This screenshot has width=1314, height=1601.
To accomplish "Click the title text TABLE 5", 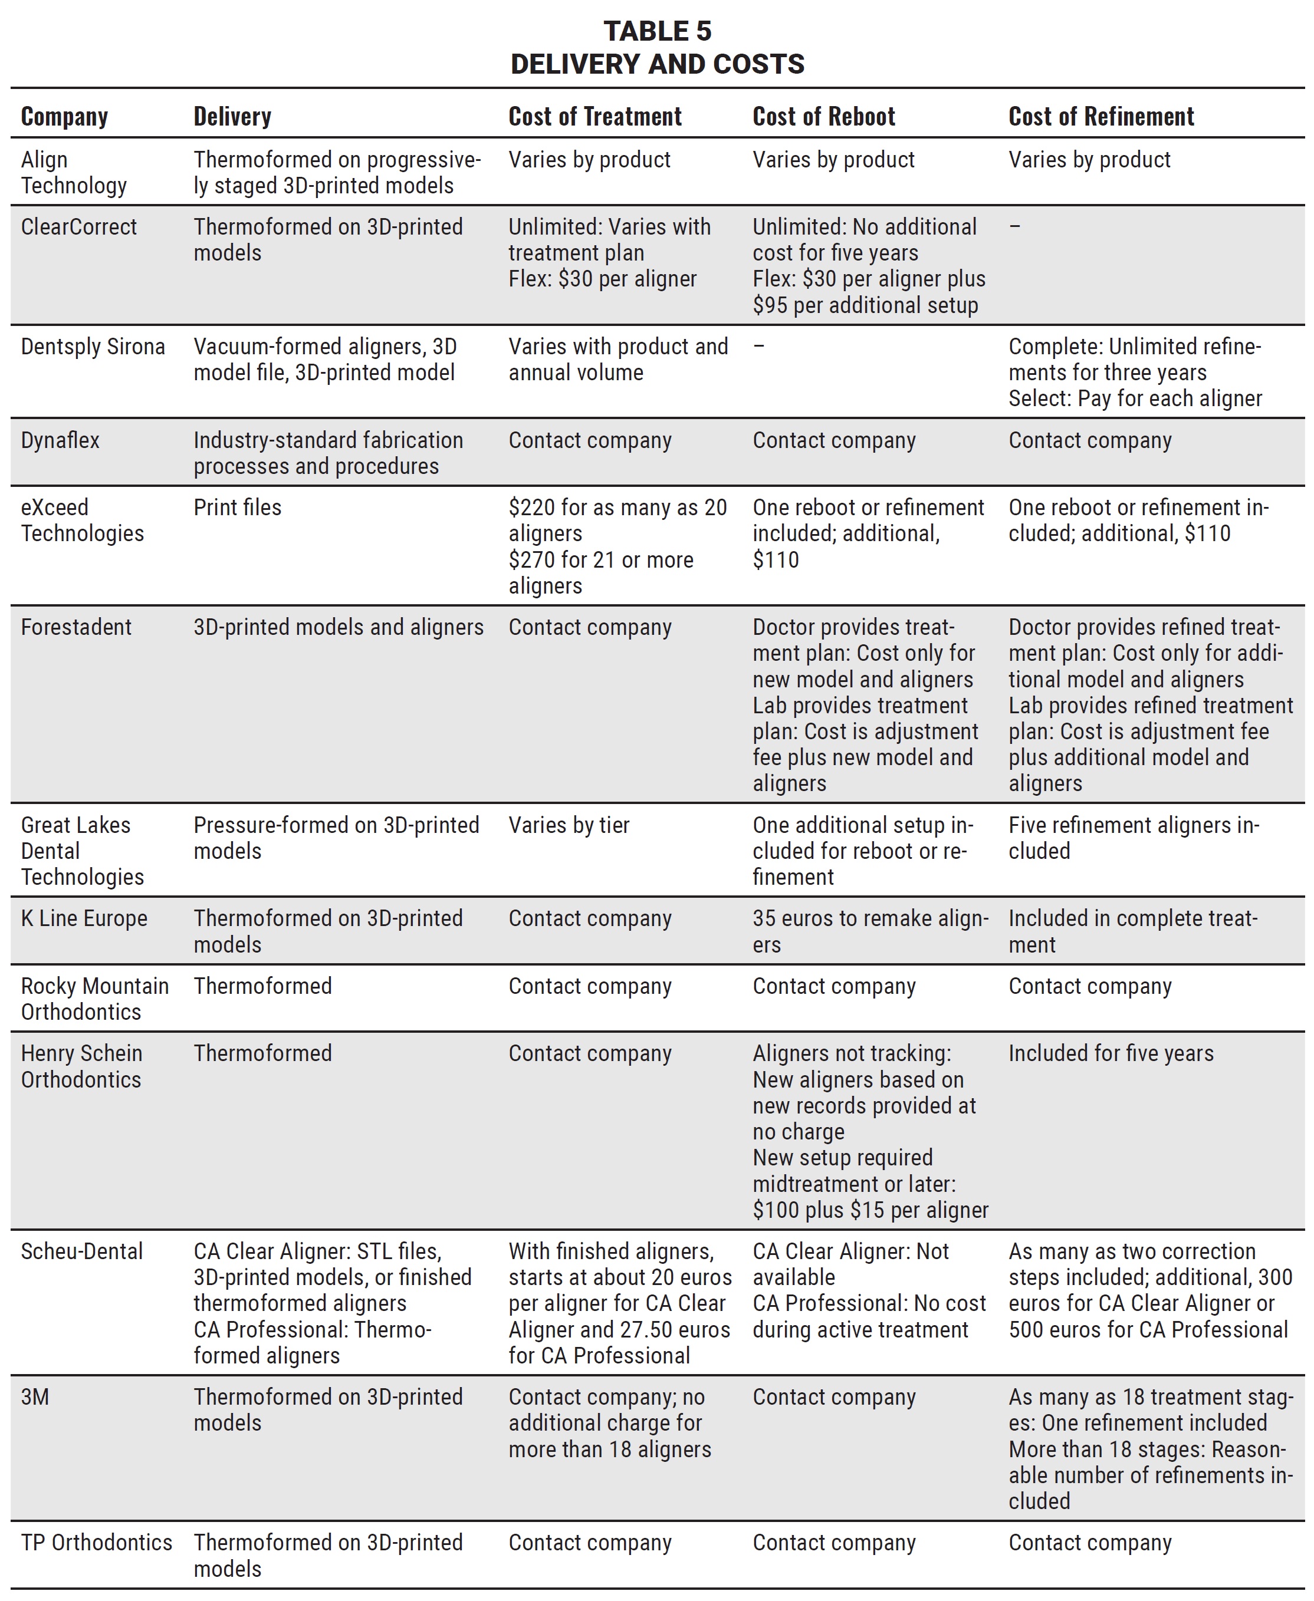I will tap(657, 31).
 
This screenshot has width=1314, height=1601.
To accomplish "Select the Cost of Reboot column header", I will tap(823, 117).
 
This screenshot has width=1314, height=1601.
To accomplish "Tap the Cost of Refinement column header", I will tap(1101, 117).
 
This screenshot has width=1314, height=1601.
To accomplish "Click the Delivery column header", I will tap(232, 117).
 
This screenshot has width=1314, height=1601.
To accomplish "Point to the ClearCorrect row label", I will tap(78, 227).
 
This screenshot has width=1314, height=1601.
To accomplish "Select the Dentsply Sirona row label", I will tap(93, 347).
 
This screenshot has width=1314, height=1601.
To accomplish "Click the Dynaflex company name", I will tap(60, 440).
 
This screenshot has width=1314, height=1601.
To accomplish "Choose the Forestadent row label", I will tap(75, 627).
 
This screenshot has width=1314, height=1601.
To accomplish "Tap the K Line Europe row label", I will tap(84, 918).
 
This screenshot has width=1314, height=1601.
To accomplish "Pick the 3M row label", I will tap(35, 1396).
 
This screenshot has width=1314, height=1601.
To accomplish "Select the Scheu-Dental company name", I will tap(82, 1251).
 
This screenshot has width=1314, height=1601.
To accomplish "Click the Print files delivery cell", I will tap(237, 508).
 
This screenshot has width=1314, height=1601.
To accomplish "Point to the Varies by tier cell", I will tap(569, 825).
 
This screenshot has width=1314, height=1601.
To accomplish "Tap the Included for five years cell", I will tap(1111, 1053).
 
